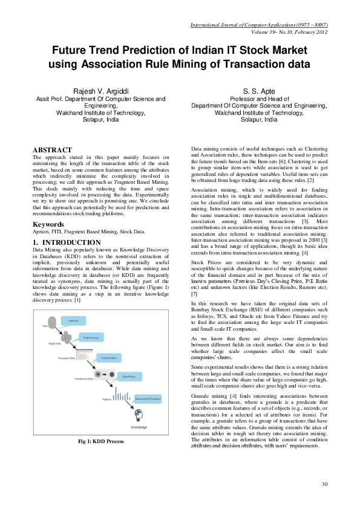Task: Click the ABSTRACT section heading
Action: (52, 150)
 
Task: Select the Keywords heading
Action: (48, 224)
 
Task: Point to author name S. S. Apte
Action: (259, 91)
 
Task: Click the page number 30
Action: (324, 484)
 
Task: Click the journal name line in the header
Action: (259, 25)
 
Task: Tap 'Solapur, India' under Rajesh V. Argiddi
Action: (100, 120)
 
